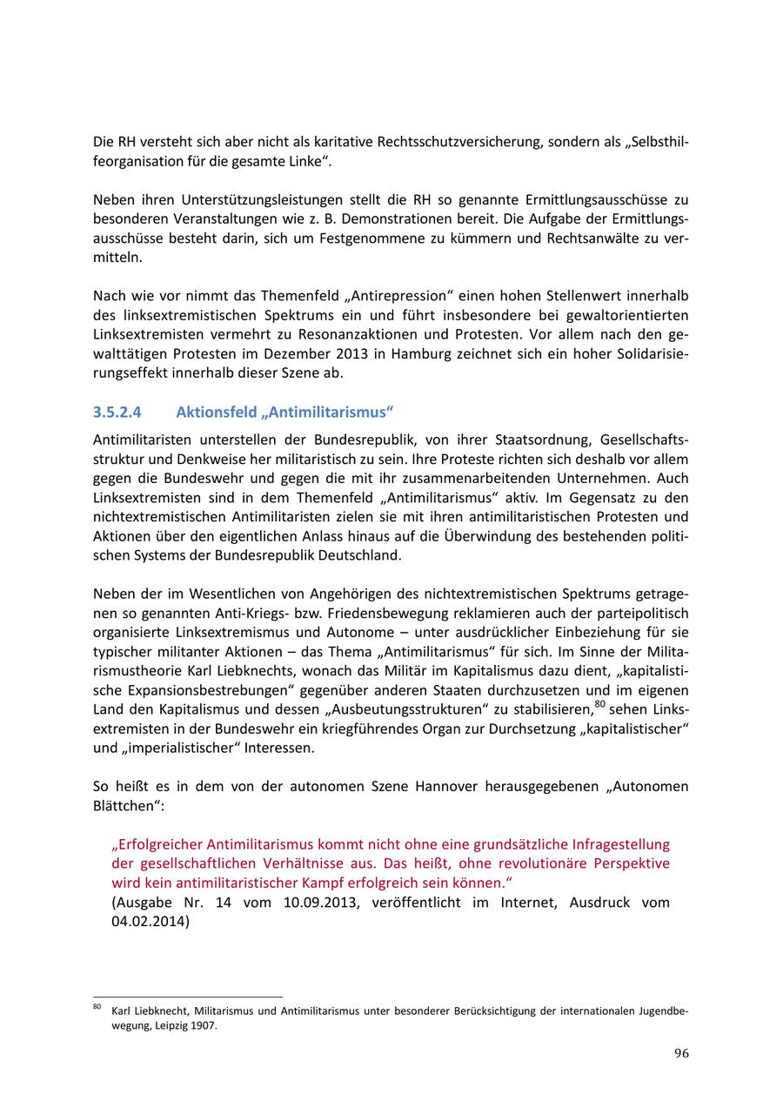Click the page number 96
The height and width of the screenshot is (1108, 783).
[x=681, y=1053]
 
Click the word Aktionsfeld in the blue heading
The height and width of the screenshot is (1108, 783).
[x=212, y=411]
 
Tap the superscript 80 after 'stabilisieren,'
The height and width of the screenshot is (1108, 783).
[x=600, y=702]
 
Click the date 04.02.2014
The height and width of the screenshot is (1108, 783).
[x=149, y=921]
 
